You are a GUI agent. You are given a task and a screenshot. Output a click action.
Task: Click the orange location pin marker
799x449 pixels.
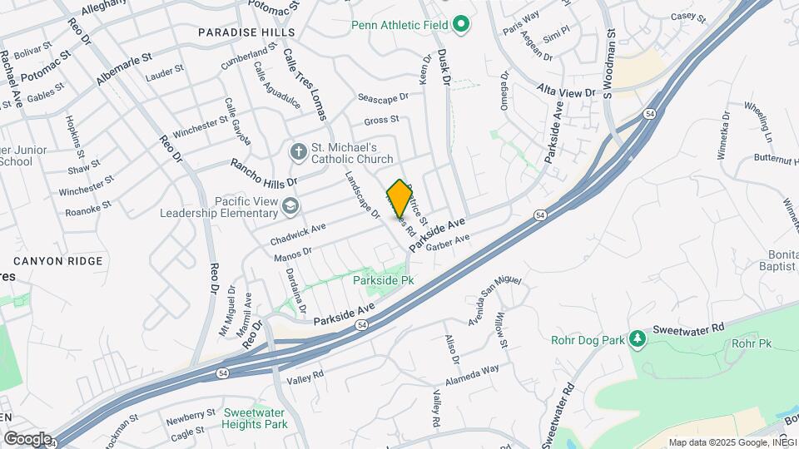click(399, 198)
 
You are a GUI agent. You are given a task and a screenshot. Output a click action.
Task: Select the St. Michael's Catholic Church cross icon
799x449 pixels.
click(298, 151)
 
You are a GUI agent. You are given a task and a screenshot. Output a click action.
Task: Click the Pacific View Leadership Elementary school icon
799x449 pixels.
click(290, 205)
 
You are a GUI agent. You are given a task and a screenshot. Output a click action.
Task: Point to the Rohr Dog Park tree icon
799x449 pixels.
click(637, 338)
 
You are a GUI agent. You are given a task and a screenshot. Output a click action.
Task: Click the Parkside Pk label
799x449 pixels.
click(383, 281)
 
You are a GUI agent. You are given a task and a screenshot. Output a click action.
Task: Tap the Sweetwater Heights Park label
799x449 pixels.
click(255, 418)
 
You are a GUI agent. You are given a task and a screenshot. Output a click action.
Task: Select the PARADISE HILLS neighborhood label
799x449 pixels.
click(246, 32)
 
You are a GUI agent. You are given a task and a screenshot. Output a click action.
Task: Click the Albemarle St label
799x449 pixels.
click(124, 67)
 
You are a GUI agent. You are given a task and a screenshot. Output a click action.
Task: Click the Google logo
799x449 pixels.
click(27, 438)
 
